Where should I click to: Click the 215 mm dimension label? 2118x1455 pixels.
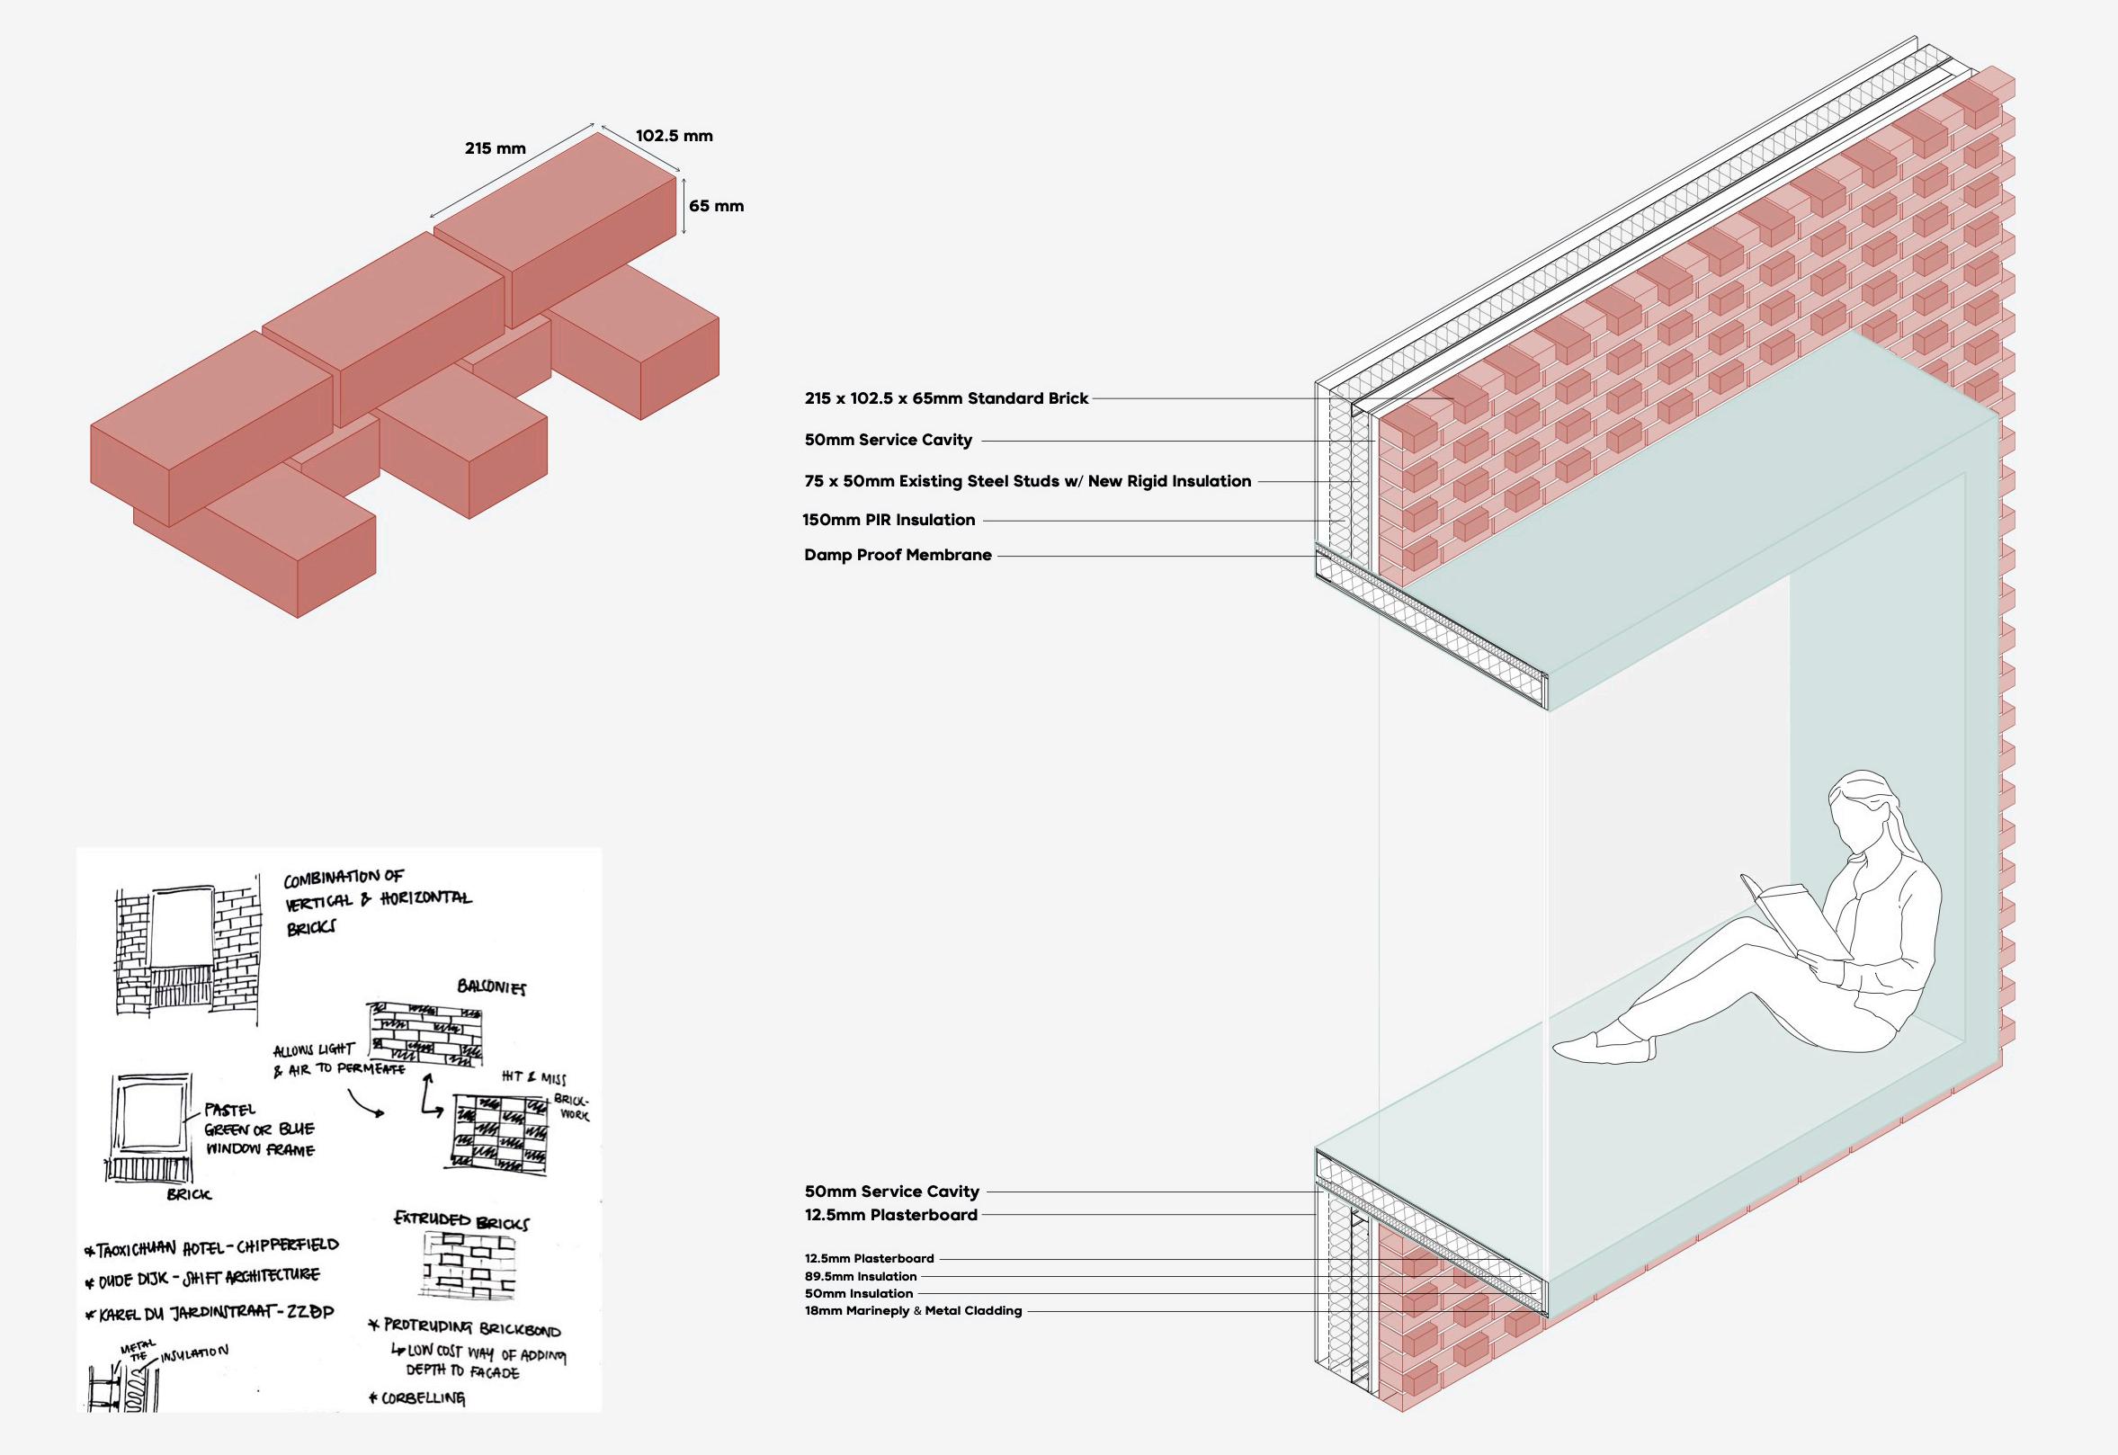point(495,148)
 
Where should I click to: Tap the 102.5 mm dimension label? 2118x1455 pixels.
point(674,136)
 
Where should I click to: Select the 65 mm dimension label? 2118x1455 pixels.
point(716,206)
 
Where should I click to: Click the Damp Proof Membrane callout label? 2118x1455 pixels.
point(898,554)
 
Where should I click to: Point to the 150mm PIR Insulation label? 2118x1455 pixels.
point(889,520)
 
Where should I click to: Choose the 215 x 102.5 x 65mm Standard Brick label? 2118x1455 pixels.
point(946,398)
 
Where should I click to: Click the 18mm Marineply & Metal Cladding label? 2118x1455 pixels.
point(913,1311)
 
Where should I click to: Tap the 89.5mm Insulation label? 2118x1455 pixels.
point(860,1276)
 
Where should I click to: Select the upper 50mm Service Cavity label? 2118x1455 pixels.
point(888,441)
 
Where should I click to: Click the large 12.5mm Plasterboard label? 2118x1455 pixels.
point(890,1214)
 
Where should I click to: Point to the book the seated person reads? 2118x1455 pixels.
point(1787,930)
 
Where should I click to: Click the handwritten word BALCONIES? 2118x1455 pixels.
point(490,988)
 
